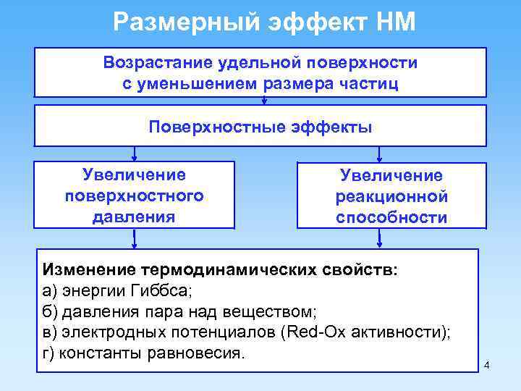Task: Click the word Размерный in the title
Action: pos(179,22)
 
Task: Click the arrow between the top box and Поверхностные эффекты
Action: pos(264,101)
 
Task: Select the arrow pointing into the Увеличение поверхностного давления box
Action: pos(135,154)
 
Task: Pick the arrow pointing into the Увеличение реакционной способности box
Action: pos(381,154)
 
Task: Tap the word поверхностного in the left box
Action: pos(135,195)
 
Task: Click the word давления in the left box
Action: pos(135,216)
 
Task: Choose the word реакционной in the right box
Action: pos(391,197)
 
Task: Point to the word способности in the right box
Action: pos(391,217)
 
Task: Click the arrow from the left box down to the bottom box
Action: pos(135,239)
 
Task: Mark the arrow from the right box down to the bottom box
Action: pos(381,239)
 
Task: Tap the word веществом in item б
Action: pos(276,312)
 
